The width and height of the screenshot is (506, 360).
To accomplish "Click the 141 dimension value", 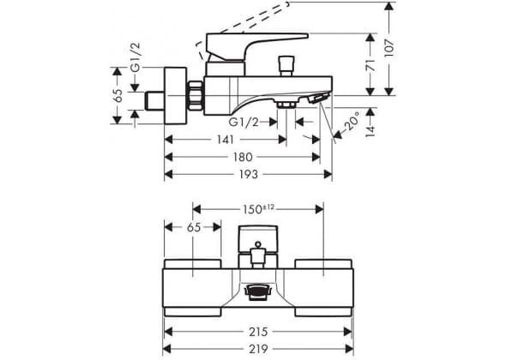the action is point(226,140).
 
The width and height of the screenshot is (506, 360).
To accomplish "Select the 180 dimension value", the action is point(243,157).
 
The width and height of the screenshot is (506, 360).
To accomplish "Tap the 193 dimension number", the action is point(249,175).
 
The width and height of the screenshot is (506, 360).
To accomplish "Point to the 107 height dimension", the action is point(389,48).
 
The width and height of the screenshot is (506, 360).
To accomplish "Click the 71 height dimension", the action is point(370,65).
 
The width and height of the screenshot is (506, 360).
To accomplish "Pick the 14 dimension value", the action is point(370,130).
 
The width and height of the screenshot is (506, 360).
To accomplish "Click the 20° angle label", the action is point(352,120).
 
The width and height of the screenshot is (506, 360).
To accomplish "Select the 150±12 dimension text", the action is point(258,209).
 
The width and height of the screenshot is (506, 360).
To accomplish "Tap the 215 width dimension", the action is point(258,332).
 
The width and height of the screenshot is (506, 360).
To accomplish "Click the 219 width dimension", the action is point(258,349).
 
